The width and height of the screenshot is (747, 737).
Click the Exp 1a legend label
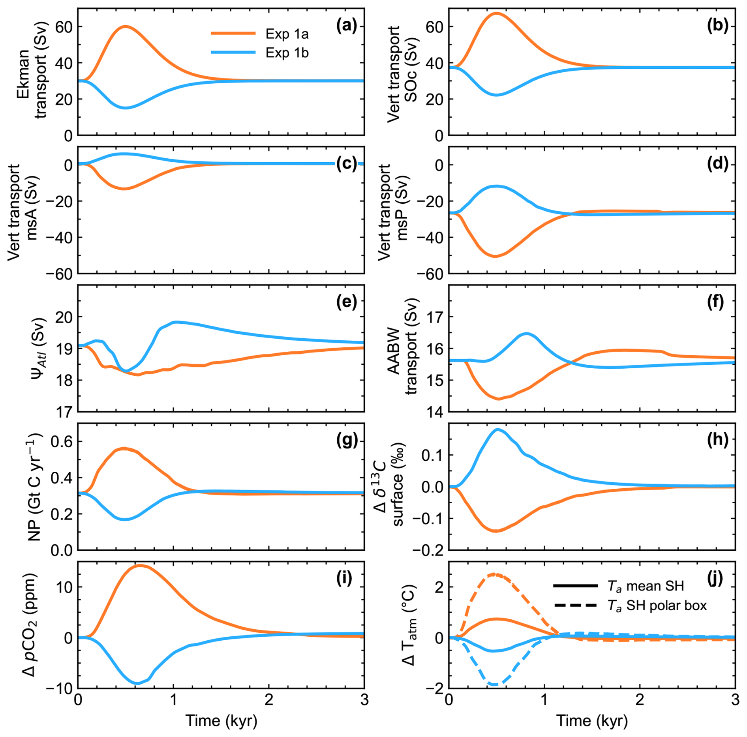(x=287, y=34)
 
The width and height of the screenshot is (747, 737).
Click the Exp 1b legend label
(x=287, y=53)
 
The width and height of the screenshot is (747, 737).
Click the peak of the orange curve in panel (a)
(x=126, y=26)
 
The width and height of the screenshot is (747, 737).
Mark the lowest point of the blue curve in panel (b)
(x=497, y=95)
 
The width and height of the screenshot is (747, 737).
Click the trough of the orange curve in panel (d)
(x=495, y=257)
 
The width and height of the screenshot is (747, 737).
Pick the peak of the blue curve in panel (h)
(x=498, y=429)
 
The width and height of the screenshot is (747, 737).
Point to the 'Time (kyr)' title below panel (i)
(x=221, y=721)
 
